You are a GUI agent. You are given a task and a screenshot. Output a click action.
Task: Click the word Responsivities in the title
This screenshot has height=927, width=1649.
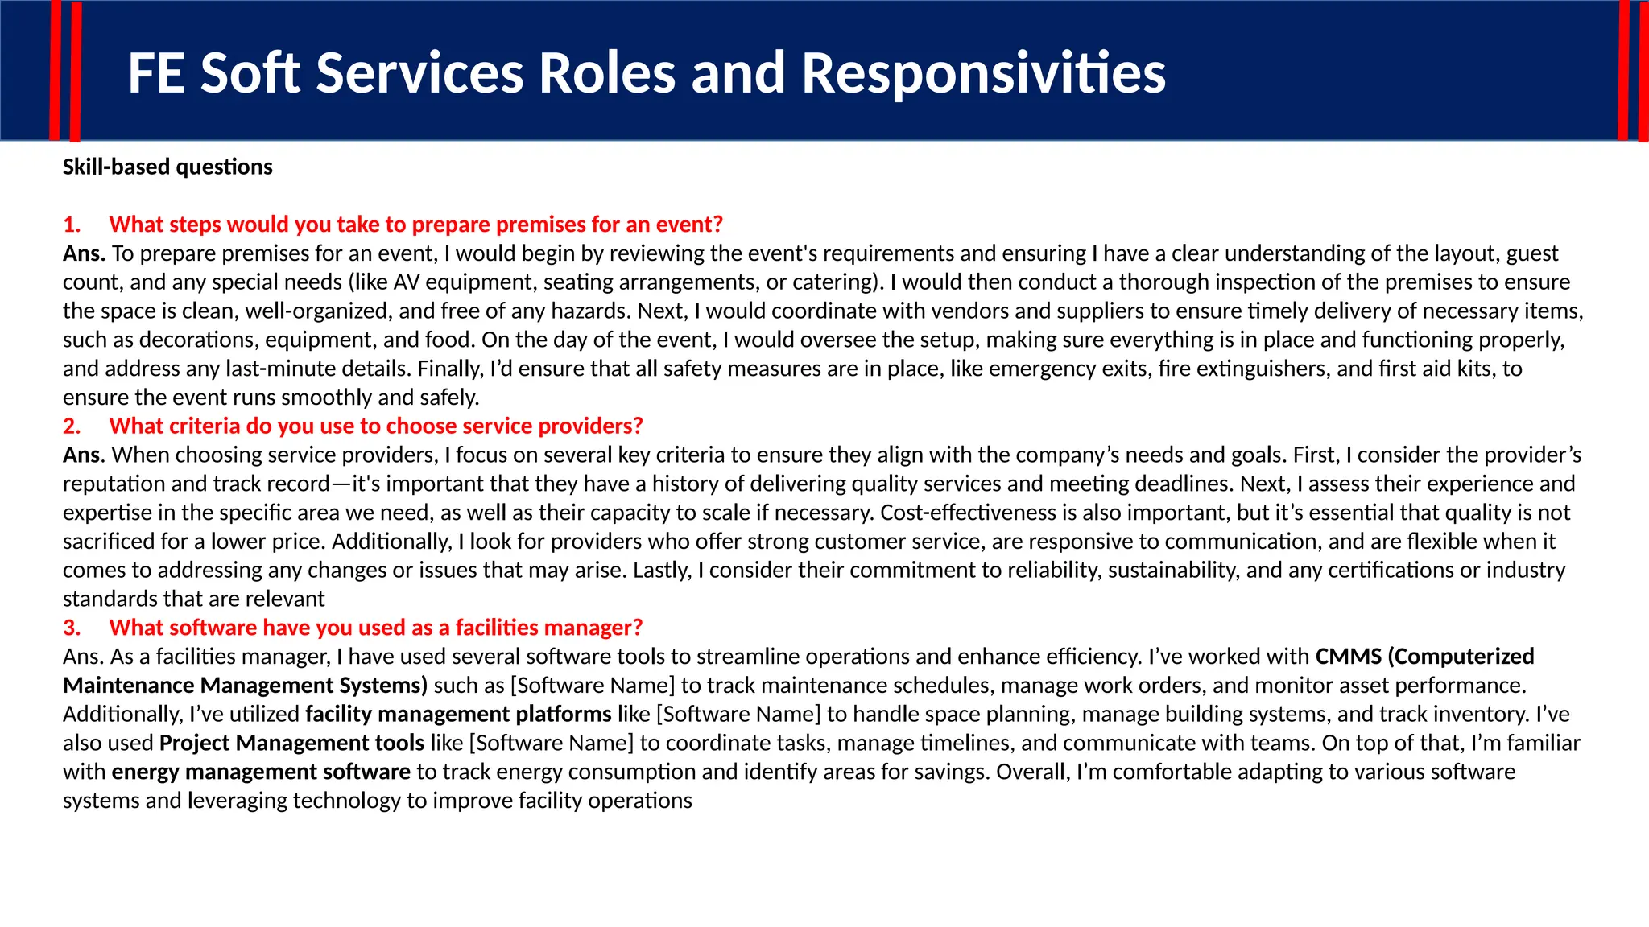coord(983,73)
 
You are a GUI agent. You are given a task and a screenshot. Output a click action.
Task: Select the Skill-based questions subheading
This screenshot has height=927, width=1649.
coord(167,167)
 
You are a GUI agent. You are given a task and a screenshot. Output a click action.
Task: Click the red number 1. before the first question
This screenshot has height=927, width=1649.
coord(72,225)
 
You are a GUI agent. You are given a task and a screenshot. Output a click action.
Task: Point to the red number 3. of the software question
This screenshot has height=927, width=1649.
coord(72,628)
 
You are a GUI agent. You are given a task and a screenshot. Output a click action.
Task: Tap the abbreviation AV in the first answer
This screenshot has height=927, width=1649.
coord(407,282)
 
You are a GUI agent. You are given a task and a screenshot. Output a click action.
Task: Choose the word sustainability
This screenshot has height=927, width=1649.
coord(1173,571)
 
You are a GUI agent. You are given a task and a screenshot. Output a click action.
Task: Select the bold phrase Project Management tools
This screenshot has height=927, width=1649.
coord(291,743)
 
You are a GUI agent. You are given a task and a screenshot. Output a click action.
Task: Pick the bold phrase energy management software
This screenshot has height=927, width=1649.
coord(261,772)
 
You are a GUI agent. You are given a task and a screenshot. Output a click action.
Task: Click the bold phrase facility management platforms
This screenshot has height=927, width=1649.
coord(458,714)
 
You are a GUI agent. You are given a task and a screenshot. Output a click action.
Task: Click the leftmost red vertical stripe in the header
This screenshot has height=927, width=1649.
coord(55,71)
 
